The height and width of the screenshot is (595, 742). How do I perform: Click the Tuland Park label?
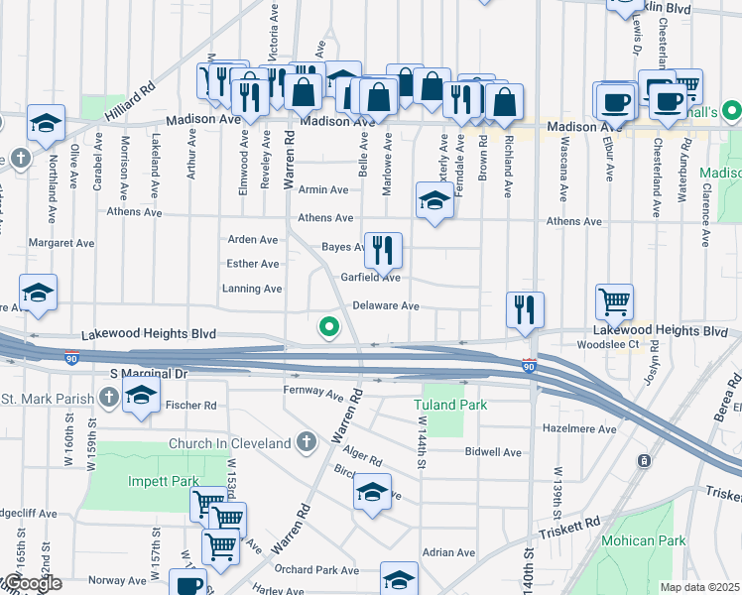tap(450, 406)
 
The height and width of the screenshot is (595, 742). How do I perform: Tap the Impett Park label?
tap(136, 482)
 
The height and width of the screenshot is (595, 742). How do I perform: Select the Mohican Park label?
tap(643, 541)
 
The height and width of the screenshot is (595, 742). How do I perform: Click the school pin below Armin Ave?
tap(433, 200)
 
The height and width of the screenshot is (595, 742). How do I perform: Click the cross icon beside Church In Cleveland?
tap(306, 440)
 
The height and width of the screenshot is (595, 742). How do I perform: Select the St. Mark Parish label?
tap(47, 399)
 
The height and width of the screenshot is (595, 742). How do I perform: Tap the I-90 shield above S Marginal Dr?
tap(71, 357)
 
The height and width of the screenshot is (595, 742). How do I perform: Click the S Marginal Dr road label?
tap(148, 374)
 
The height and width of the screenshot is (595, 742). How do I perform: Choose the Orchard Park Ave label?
tap(316, 570)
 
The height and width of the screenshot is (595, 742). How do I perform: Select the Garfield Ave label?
tap(371, 279)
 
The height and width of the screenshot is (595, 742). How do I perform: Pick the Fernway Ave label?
tap(313, 394)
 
